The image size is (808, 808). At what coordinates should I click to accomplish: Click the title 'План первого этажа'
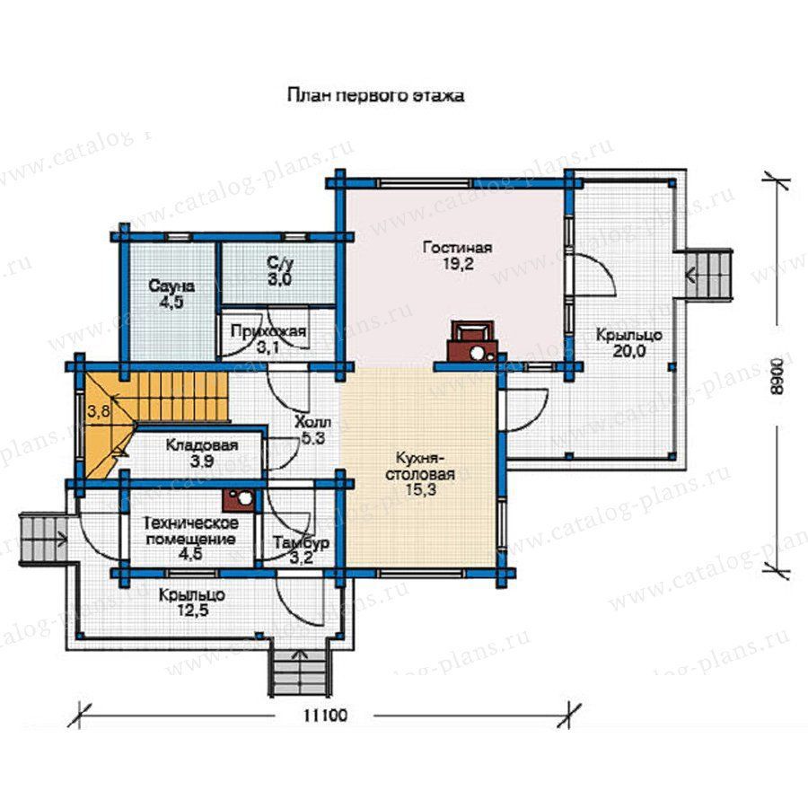375,96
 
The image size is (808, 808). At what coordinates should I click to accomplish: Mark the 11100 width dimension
325,716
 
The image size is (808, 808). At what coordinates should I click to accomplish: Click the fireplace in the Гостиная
473,340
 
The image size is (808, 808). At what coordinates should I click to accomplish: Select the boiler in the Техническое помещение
239,499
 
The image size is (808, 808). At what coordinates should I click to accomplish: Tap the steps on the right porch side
708,274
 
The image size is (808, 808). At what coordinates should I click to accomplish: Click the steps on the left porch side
43,540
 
